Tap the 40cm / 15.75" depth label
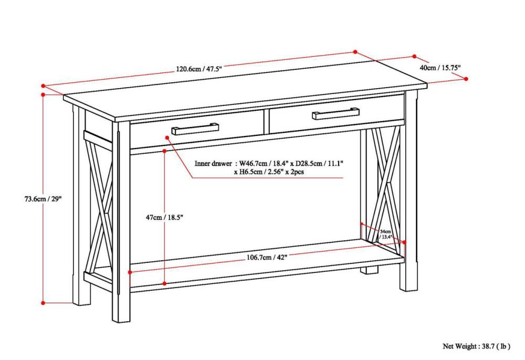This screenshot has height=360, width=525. (x=439, y=68)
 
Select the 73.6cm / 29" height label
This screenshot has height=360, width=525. (x=43, y=199)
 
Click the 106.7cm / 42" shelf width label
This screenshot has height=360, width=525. (x=267, y=257)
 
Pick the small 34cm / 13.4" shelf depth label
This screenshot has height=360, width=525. (x=385, y=234)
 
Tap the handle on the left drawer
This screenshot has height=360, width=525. (x=195, y=129)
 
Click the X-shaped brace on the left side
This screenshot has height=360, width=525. (x=100, y=205)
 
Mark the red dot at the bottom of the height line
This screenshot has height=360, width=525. (x=43, y=303)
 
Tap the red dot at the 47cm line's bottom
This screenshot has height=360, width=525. (x=165, y=283)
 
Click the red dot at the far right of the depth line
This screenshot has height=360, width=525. (x=466, y=79)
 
